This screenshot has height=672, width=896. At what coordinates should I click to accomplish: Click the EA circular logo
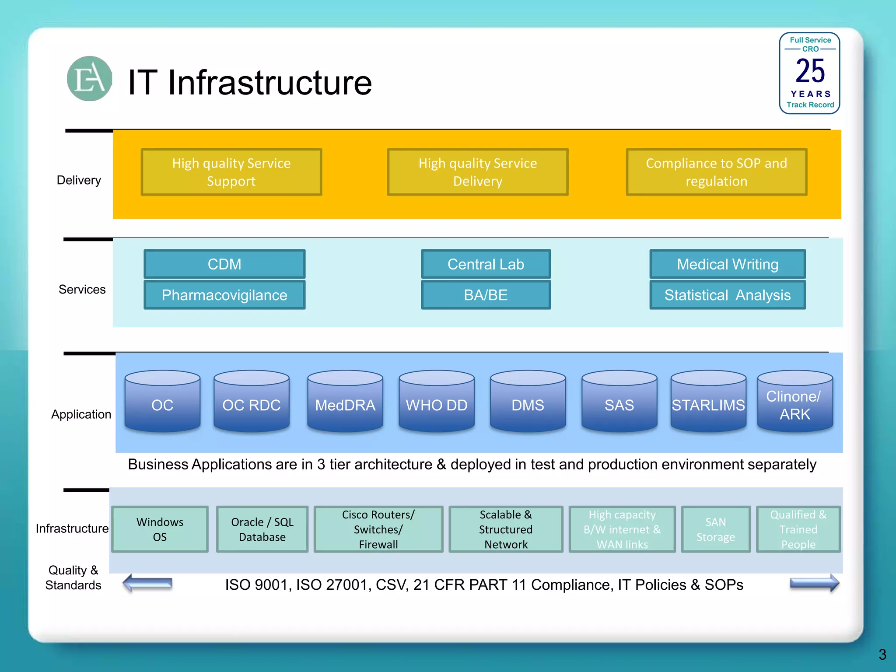tap(89, 79)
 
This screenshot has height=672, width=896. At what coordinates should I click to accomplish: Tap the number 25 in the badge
tap(810, 71)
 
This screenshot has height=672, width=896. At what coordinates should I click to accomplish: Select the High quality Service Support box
tap(231, 172)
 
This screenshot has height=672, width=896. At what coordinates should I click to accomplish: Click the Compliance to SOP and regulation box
tap(716, 172)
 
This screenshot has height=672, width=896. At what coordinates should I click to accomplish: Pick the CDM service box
tap(224, 264)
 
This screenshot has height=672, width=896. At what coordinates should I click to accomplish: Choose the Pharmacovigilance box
tap(224, 295)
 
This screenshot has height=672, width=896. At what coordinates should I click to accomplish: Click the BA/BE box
tap(486, 295)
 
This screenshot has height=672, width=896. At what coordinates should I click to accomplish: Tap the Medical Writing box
tap(727, 264)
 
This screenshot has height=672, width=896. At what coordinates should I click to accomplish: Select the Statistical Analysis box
tap(727, 295)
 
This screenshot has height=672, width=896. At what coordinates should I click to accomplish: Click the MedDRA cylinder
tap(345, 402)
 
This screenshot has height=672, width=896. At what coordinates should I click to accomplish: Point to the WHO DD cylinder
tap(436, 402)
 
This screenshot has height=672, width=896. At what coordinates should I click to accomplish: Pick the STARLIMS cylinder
tap(708, 402)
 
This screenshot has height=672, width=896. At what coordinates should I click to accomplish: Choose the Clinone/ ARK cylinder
tap(794, 402)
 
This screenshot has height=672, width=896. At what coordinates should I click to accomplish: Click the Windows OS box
tap(160, 529)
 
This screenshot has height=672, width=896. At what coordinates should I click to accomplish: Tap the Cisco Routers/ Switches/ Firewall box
tap(378, 529)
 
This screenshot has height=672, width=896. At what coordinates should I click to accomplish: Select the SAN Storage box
tap(716, 529)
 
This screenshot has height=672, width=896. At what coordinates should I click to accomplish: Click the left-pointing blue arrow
tap(147, 583)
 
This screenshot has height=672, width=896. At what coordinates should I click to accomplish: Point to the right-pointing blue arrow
tap(814, 583)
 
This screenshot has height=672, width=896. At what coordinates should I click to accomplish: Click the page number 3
tap(882, 654)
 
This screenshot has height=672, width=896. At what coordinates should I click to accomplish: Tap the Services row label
tap(82, 289)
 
